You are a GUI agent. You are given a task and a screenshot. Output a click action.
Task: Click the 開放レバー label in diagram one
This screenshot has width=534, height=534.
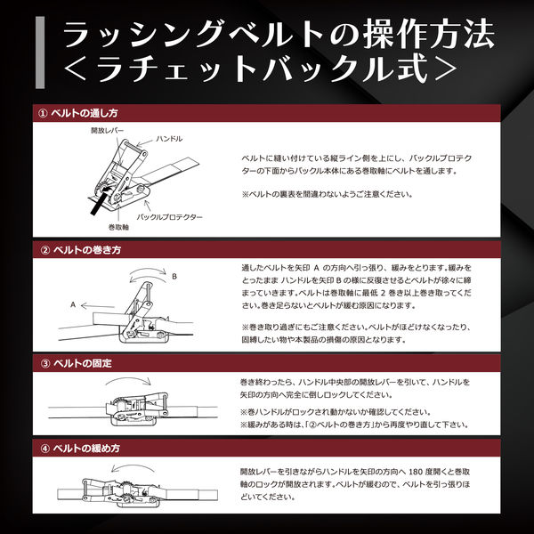point(109,130)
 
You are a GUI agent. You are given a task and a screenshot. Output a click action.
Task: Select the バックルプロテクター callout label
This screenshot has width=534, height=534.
point(170,217)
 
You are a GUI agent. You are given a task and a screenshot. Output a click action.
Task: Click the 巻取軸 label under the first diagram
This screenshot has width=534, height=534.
point(104,226)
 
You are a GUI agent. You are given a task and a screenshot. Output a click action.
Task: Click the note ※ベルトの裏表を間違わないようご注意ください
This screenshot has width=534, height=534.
point(340,192)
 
